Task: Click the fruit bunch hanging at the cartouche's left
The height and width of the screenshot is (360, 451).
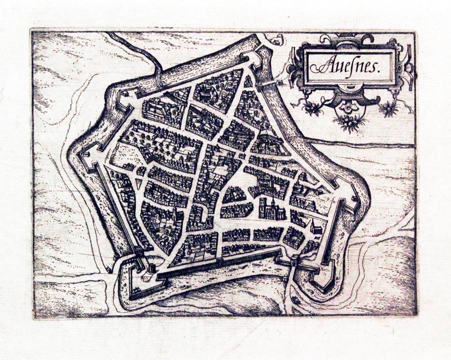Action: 314,108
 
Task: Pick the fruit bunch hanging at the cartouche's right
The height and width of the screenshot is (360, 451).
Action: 388,108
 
